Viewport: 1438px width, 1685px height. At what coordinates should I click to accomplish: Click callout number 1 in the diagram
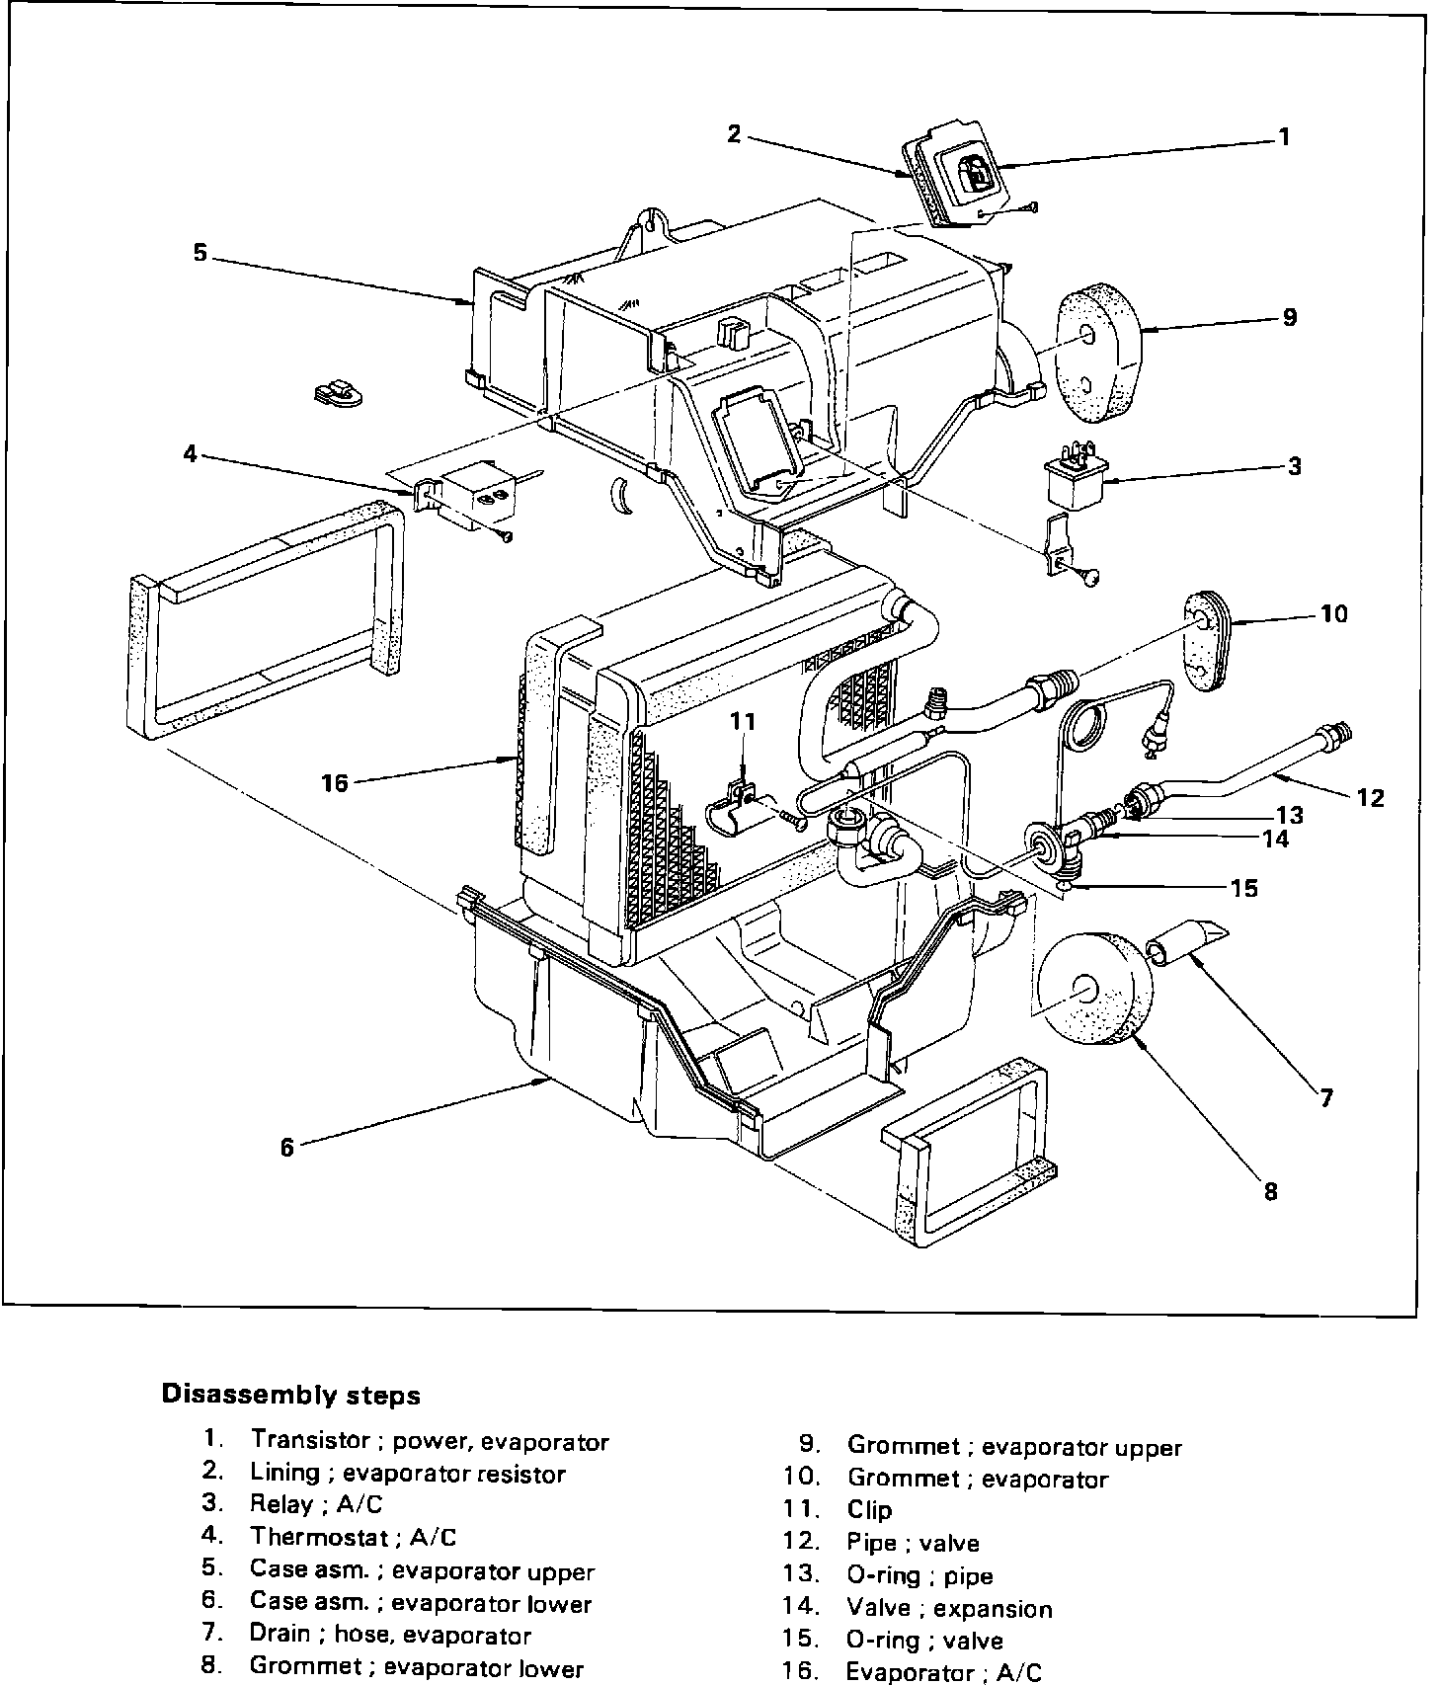[x=1284, y=136]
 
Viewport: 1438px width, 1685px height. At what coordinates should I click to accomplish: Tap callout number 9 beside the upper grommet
[x=1290, y=317]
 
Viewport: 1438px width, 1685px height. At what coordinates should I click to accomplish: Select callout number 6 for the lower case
[x=287, y=1147]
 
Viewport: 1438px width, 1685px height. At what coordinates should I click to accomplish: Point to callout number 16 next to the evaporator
[x=335, y=783]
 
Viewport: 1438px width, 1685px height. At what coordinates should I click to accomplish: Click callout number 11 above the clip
[x=743, y=722]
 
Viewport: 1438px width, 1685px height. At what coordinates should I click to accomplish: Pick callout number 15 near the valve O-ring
[x=1243, y=888]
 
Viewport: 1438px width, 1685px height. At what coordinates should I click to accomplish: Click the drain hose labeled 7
[x=1185, y=941]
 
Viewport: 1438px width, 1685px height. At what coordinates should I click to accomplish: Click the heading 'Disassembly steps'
[x=290, y=1395]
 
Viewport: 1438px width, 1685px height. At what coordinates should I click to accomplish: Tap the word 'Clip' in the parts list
[x=869, y=1509]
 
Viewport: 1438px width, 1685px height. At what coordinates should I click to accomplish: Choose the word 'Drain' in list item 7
[x=280, y=1635]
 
